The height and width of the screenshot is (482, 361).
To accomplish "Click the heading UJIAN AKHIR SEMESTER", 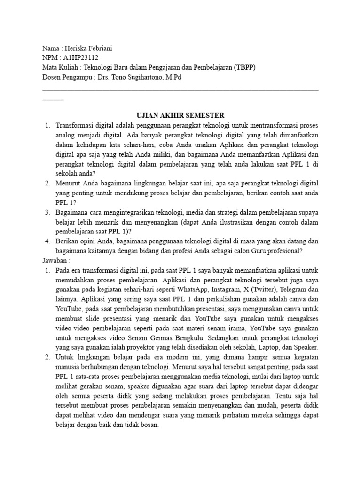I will click(x=180, y=115).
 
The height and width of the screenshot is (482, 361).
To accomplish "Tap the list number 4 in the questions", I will click(x=47, y=241).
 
